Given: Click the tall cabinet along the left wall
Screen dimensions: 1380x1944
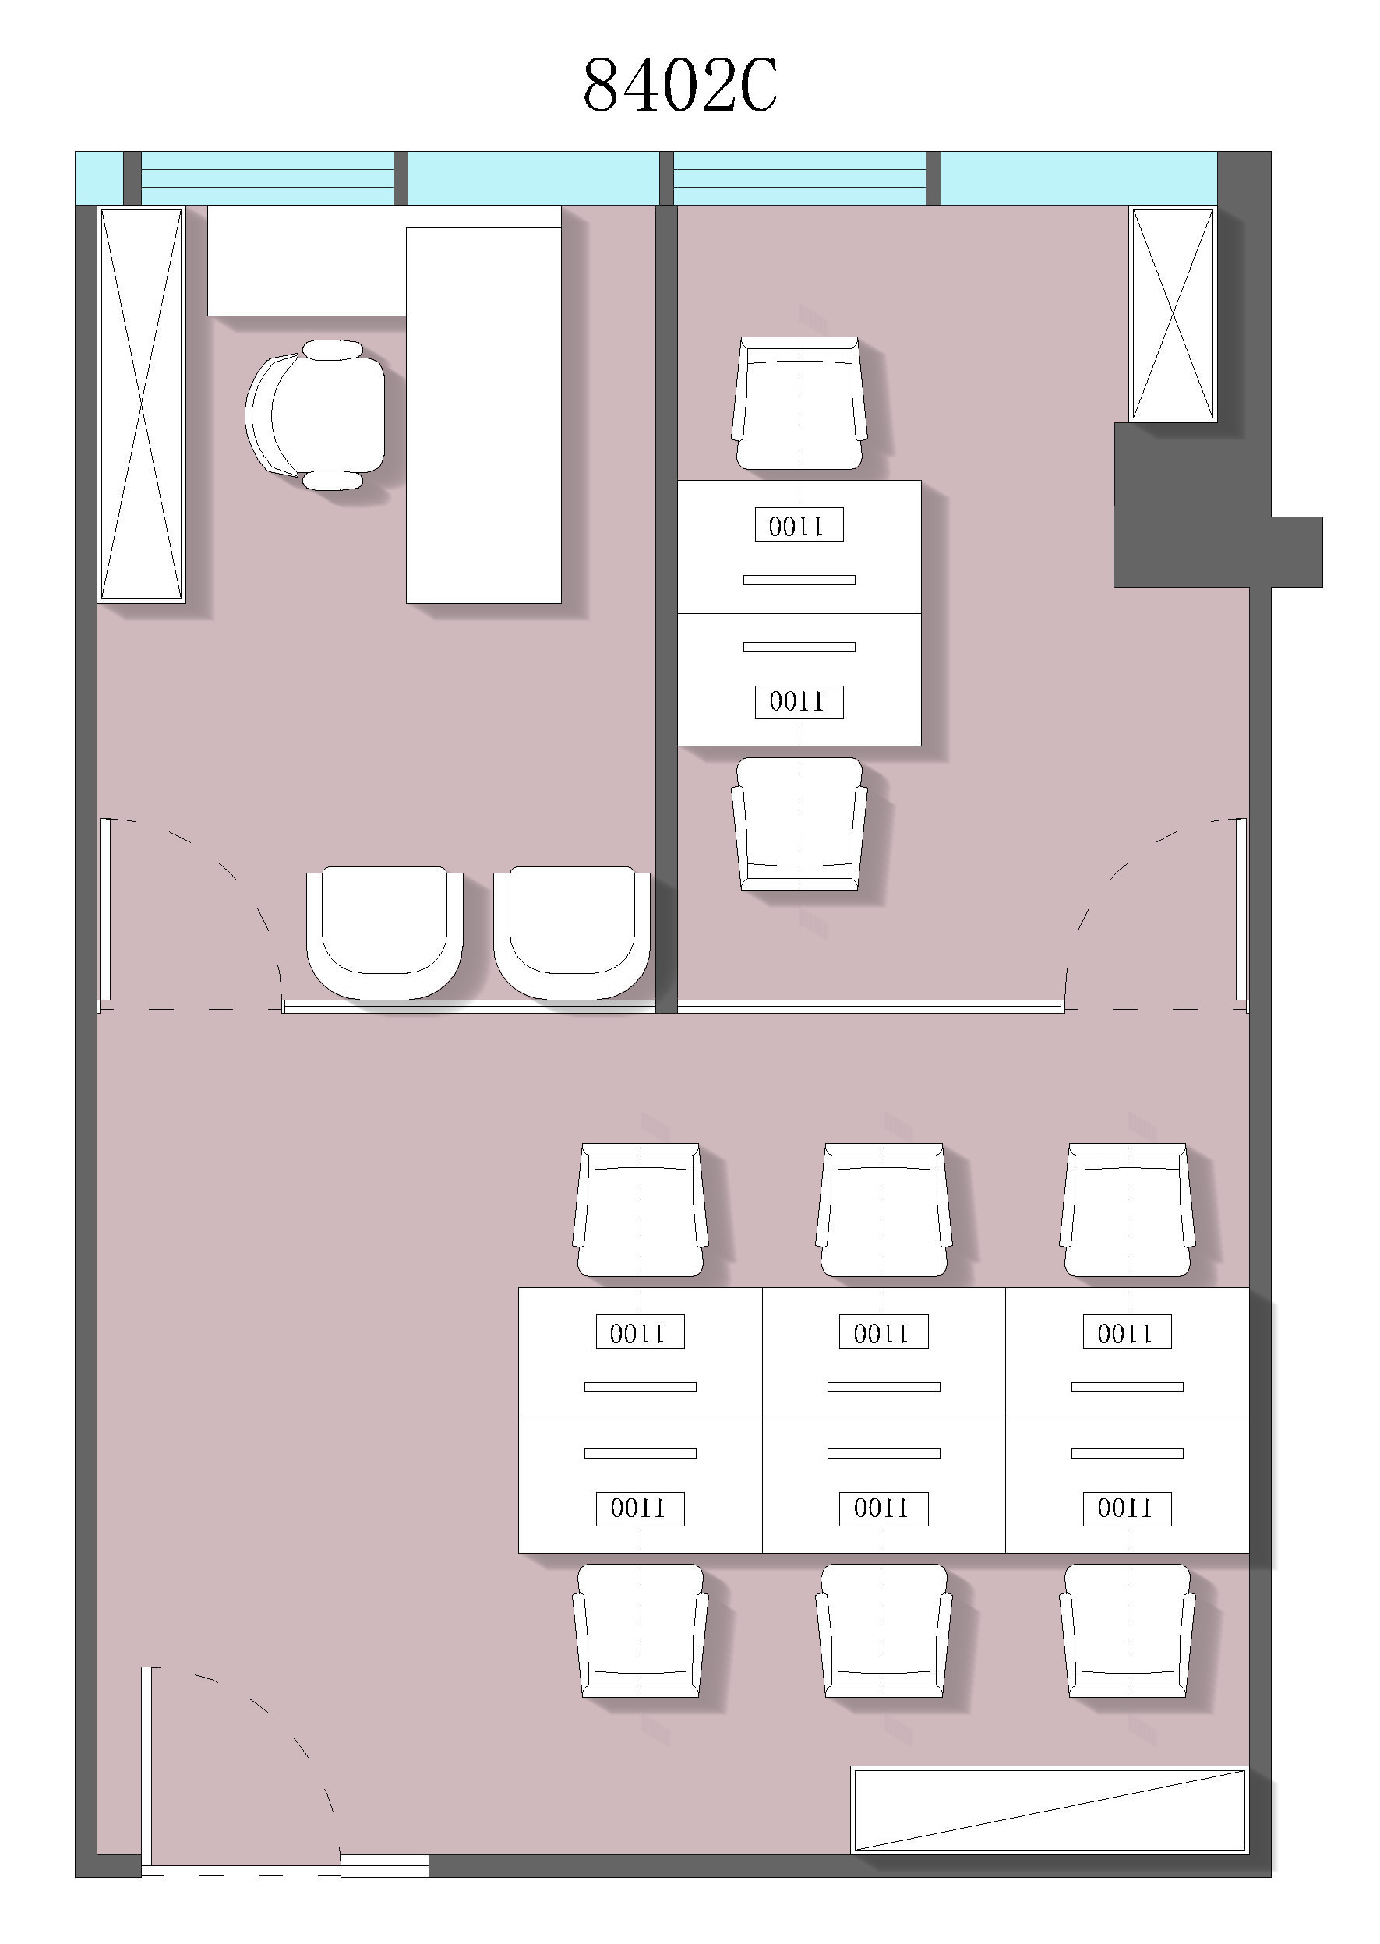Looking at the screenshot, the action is [142, 404].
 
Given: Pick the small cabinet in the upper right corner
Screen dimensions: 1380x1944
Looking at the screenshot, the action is [1173, 313].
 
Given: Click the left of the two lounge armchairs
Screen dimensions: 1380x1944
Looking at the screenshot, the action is [385, 932].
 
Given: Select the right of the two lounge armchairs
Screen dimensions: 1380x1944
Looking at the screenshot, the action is [572, 932].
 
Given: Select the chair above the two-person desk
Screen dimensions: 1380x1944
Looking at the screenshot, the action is [799, 403].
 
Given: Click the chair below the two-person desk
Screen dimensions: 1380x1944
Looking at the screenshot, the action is [799, 824].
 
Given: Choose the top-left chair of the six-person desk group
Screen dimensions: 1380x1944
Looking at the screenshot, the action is [640, 1209].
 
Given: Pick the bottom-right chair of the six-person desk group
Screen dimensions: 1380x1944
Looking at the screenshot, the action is [1128, 1631].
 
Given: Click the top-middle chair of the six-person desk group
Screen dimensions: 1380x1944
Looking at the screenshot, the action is [884, 1209].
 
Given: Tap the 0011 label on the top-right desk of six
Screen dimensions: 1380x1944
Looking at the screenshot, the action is [1127, 1332].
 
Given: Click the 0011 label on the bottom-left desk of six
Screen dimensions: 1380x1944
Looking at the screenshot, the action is [640, 1509].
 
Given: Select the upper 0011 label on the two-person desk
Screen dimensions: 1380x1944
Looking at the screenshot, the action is [799, 524].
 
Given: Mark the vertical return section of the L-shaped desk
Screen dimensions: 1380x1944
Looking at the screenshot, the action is [484, 415].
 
